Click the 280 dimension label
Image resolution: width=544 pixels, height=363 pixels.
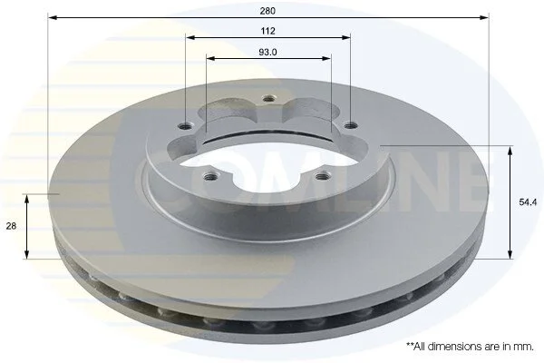pyautogui.click(x=267, y=11)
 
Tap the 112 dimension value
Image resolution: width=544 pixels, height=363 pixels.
pyautogui.click(x=267, y=31)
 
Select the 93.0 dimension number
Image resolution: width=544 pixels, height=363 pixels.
pyautogui.click(x=267, y=53)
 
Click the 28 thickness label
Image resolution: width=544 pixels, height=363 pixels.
pyautogui.click(x=11, y=226)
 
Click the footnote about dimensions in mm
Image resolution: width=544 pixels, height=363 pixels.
pyautogui.click(x=470, y=347)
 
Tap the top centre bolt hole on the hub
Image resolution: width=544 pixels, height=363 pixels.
pyautogui.click(x=267, y=99)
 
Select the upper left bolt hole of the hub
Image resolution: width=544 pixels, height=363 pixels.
pyautogui.click(x=184, y=126)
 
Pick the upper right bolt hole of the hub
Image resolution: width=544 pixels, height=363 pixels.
pyautogui.click(x=351, y=124)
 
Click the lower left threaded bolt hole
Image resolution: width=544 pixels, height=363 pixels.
pyautogui.click(x=210, y=177)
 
